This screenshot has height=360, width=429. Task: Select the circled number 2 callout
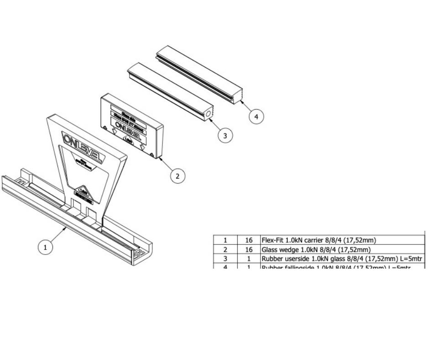tap(178, 175)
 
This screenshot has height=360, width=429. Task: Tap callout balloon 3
tap(224, 136)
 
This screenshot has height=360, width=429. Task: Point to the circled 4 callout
tap(256, 117)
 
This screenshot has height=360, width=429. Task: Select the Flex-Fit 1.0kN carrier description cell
tap(318, 240)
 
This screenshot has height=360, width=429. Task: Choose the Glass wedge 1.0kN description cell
tap(315, 249)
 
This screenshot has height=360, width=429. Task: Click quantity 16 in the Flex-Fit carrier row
tap(249, 240)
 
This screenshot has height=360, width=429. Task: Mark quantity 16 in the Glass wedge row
tap(249, 249)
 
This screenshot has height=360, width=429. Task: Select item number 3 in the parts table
tap(225, 259)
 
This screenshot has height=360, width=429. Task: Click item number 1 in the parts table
tap(225, 240)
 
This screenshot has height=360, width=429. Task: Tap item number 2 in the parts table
tap(225, 249)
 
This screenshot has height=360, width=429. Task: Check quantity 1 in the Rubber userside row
tap(249, 259)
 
